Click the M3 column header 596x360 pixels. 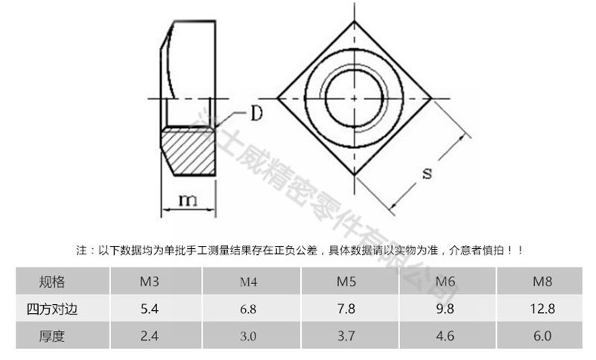150,282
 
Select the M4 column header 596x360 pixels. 248,282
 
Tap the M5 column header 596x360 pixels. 346,282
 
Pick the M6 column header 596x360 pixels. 445,282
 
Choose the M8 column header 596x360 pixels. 542,282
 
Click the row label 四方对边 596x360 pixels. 52,309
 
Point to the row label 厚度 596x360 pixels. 52,336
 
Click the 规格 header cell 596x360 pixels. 52,282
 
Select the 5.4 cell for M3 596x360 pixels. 150,309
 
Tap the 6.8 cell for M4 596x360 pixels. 248,309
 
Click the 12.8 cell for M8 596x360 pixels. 542,309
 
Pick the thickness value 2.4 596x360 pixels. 150,336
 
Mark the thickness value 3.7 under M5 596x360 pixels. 346,336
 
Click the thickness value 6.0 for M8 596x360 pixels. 542,336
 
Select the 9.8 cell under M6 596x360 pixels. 445,309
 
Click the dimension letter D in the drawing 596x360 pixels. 256,114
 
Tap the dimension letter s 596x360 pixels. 427,174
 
